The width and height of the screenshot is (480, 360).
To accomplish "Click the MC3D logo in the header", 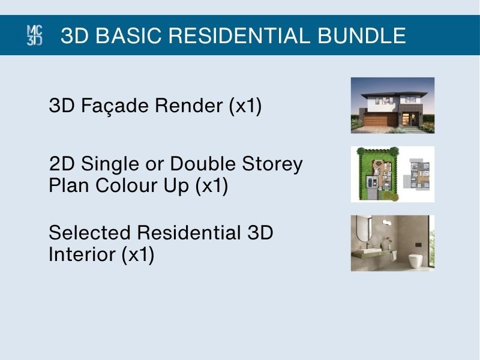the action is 35,35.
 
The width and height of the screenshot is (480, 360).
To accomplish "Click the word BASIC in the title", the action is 128,35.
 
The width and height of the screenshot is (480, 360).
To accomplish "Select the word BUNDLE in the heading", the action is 362,35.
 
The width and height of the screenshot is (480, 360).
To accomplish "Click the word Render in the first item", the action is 189,106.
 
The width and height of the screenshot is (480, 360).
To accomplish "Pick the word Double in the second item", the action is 203,163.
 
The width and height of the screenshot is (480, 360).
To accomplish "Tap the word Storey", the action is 272,164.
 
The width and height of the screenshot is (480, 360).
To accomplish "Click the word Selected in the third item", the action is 89,232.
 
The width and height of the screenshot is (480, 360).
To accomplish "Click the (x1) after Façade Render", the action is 245,106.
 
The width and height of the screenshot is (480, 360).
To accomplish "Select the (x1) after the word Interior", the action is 138,254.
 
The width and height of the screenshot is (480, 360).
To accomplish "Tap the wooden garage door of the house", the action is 380,121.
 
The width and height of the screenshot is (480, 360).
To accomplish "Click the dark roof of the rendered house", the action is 394,94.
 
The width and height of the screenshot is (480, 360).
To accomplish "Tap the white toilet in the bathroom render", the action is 415,261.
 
